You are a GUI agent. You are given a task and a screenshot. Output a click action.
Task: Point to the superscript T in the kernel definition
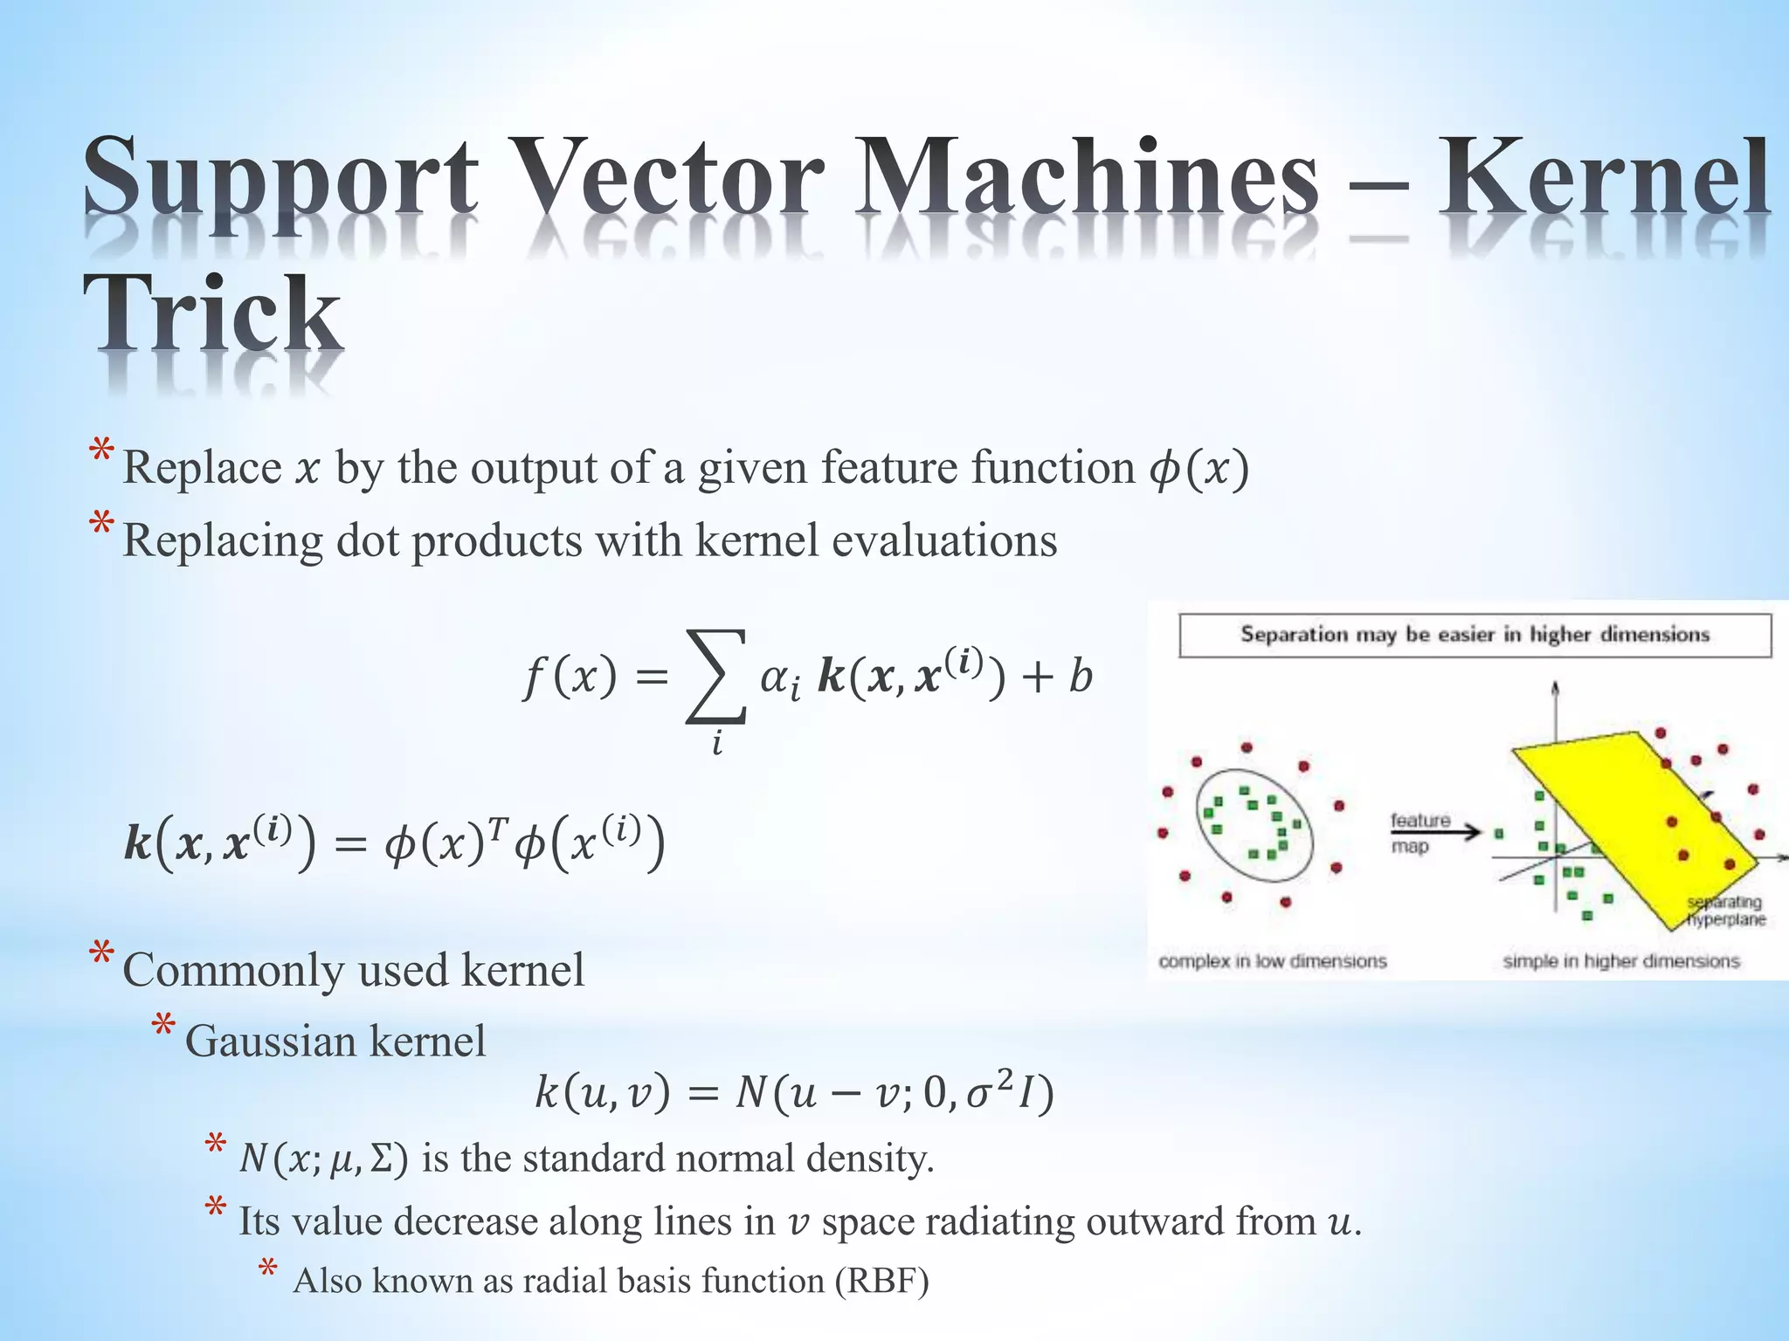click(495, 826)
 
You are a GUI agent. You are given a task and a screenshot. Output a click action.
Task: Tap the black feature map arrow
click(1438, 832)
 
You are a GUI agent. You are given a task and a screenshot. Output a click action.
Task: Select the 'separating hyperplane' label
click(1725, 911)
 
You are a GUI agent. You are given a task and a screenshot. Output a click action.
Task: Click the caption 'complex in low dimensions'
click(1272, 961)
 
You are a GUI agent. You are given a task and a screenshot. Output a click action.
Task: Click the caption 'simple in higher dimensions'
click(1621, 961)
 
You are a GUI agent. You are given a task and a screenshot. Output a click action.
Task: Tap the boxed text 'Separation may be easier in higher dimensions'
click(1475, 635)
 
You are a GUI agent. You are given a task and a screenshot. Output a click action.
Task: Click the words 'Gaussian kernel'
click(335, 1041)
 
